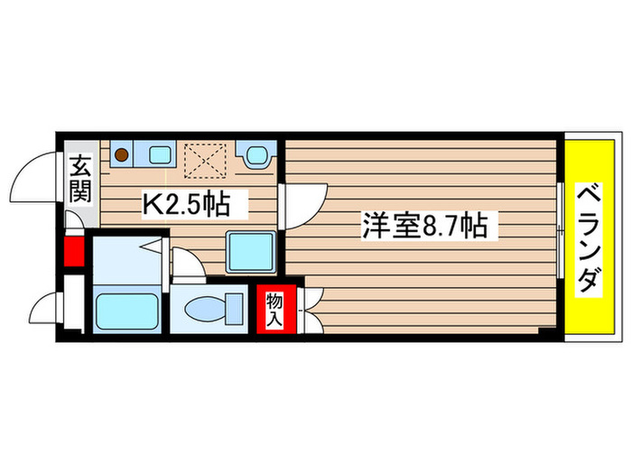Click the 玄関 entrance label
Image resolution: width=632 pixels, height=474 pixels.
(x=79, y=179)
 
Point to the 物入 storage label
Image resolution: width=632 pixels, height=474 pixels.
(x=273, y=308)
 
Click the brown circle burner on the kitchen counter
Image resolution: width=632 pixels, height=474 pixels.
(x=119, y=153)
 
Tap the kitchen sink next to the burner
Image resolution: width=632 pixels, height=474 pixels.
(x=159, y=153)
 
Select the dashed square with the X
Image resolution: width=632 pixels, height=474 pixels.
(x=206, y=161)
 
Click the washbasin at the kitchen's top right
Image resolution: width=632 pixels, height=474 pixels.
(x=255, y=155)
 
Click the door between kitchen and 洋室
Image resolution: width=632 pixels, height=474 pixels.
(x=303, y=204)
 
